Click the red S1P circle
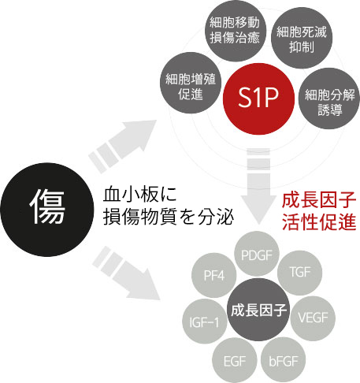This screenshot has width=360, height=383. pyautogui.click(x=258, y=99)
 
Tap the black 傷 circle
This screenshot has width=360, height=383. pyautogui.click(x=47, y=210)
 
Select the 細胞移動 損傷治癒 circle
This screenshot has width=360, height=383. pyautogui.click(x=236, y=31)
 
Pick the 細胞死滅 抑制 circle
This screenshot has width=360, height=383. pyautogui.click(x=302, y=38)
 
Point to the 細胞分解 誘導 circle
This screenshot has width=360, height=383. pyautogui.click(x=329, y=99)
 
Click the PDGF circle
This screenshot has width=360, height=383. pyautogui.click(x=257, y=254)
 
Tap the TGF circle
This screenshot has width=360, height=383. pyautogui.click(x=299, y=273)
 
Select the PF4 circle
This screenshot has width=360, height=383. pyautogui.click(x=214, y=275)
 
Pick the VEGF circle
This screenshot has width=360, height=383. pyautogui.click(x=313, y=318)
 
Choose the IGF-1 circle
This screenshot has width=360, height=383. pyautogui.click(x=205, y=322)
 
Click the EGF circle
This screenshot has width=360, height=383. pyautogui.click(x=235, y=360)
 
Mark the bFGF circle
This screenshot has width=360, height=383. pyautogui.click(x=284, y=360)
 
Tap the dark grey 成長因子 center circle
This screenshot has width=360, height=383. pyautogui.click(x=258, y=310)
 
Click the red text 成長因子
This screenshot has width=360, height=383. pyautogui.click(x=319, y=200)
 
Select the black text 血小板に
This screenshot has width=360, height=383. pyautogui.click(x=139, y=195)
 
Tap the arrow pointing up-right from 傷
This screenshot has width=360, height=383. pyautogui.click(x=123, y=147)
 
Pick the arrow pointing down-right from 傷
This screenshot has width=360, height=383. pyautogui.click(x=127, y=273)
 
